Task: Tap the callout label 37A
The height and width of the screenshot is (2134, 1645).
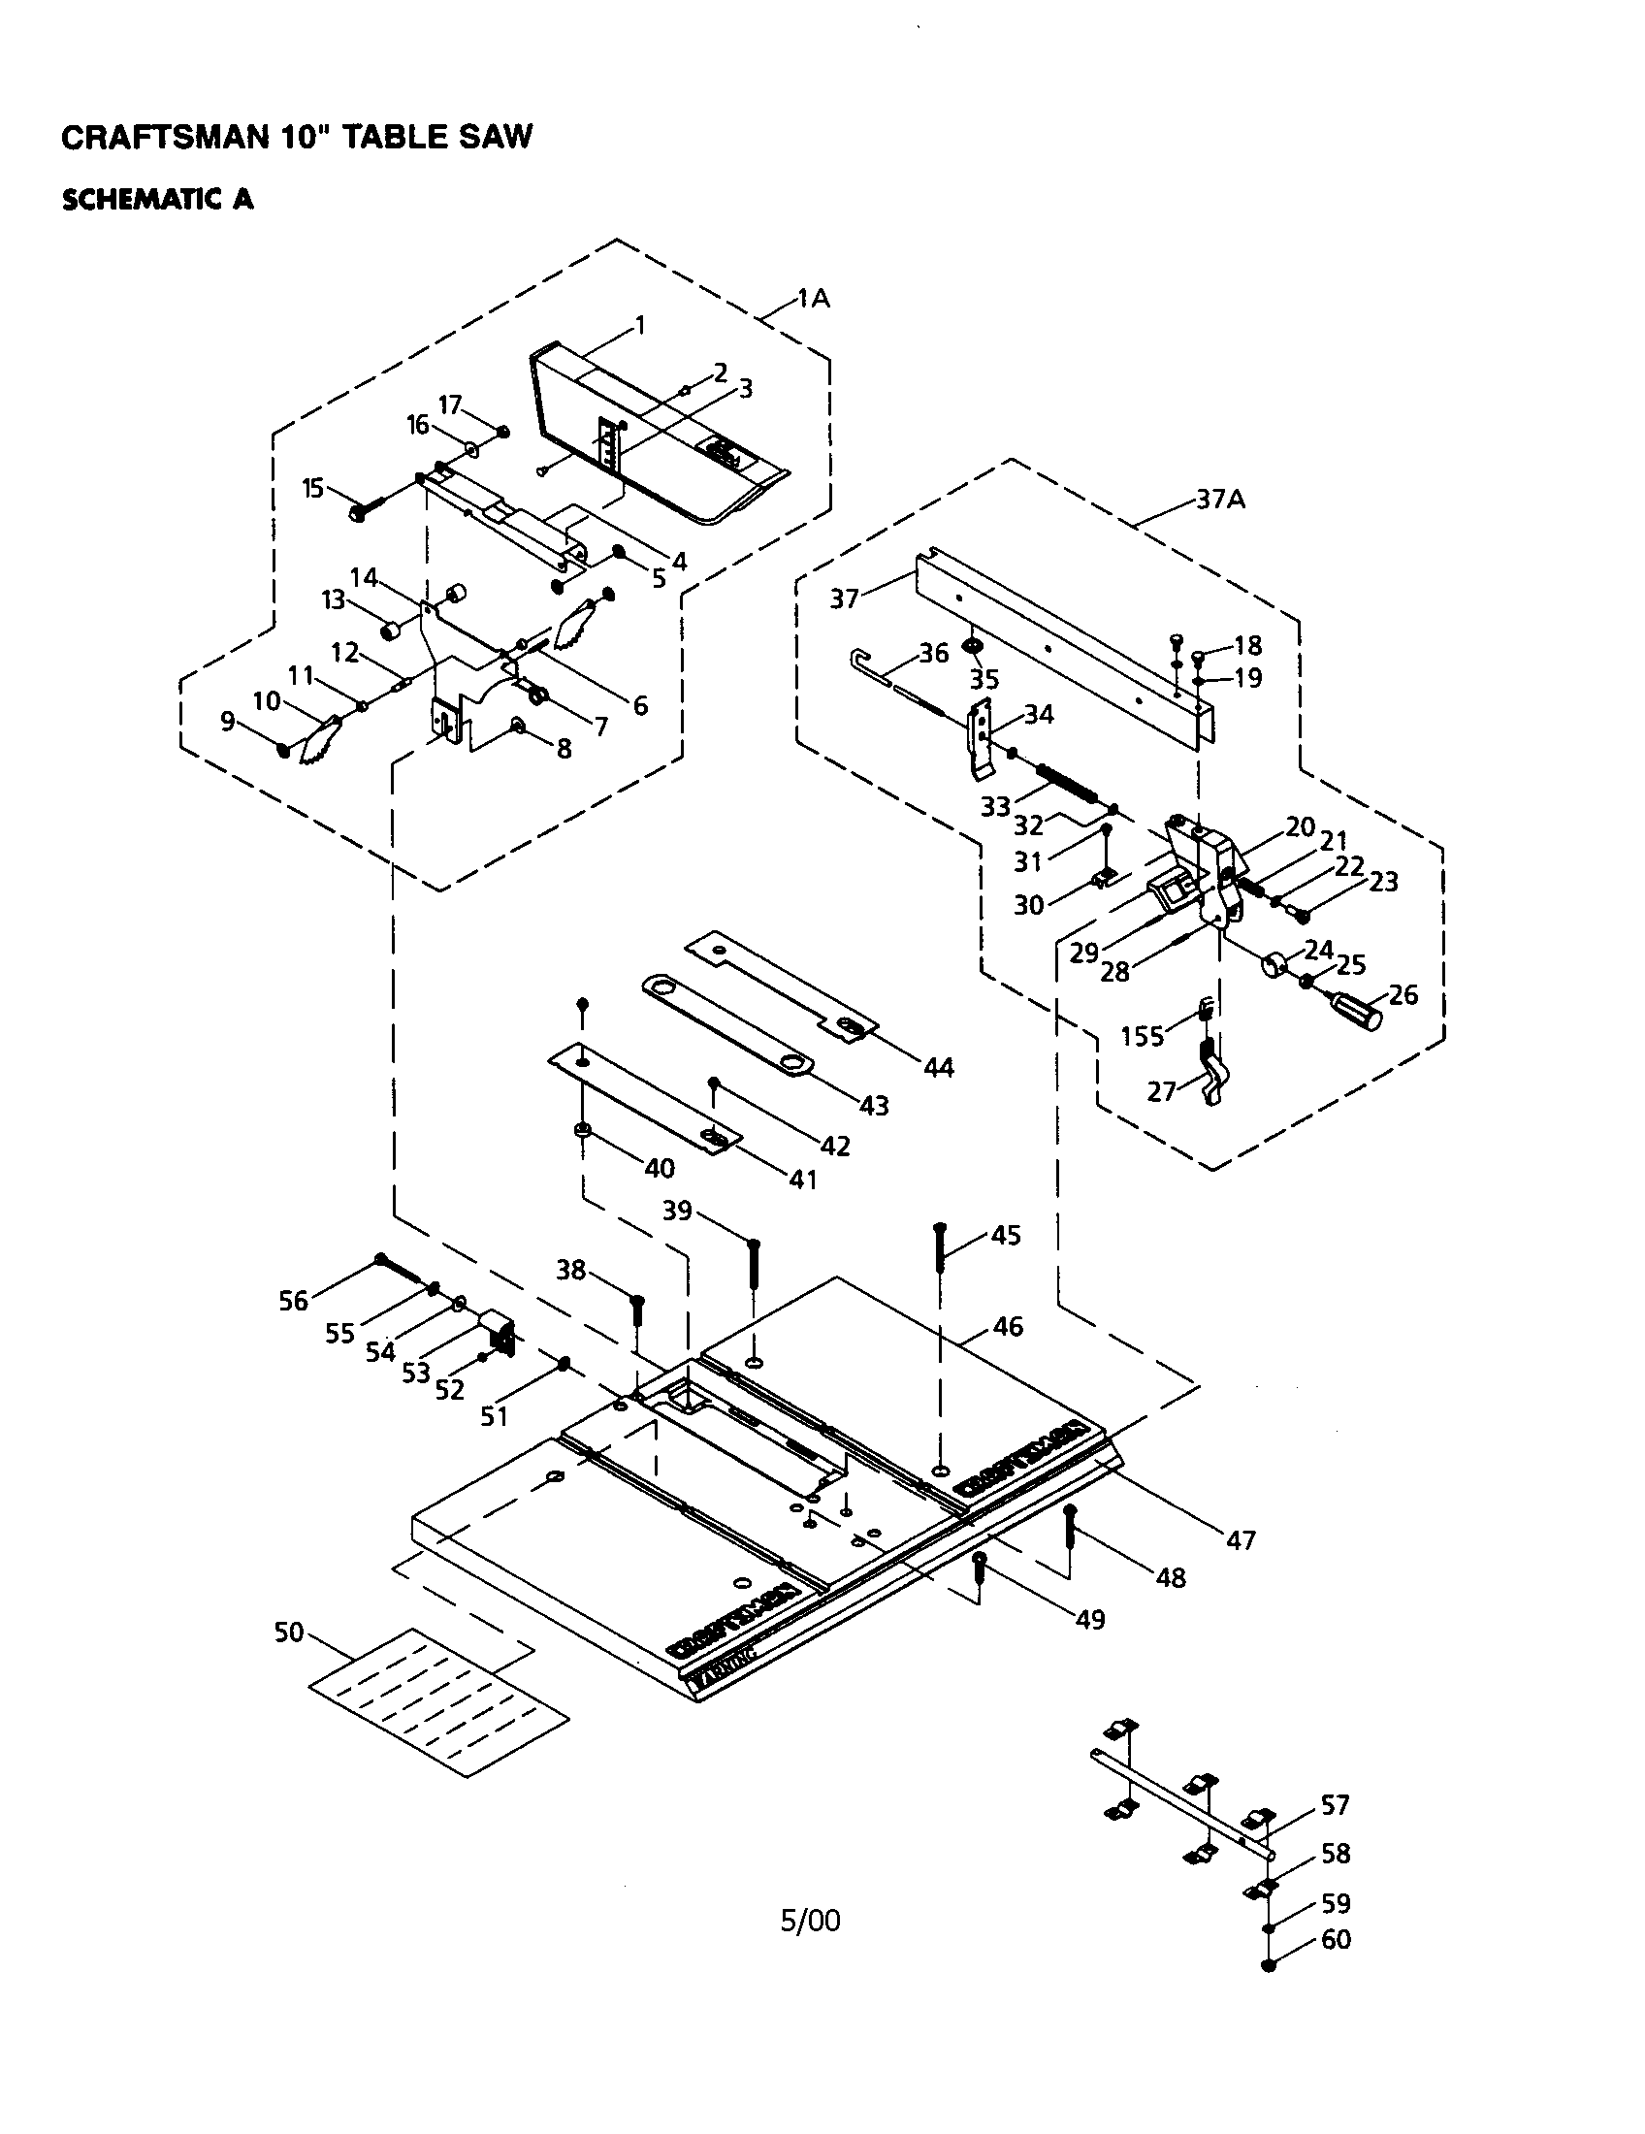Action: [x=1221, y=500]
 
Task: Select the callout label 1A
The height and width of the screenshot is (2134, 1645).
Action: [x=813, y=299]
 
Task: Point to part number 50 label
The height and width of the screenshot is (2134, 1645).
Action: [x=289, y=1633]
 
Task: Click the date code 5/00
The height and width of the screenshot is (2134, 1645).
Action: [x=810, y=1921]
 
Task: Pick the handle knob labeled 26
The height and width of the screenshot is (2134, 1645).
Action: [x=1359, y=1012]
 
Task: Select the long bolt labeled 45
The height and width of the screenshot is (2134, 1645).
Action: [x=940, y=1250]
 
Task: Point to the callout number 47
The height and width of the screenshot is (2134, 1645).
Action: [x=1241, y=1541]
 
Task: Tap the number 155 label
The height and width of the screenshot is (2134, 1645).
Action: [x=1142, y=1036]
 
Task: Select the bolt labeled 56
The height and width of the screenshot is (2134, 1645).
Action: [x=396, y=1270]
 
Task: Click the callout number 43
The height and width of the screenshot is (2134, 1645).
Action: [x=873, y=1105]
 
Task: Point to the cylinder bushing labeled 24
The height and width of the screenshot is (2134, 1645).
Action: [x=1274, y=966]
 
